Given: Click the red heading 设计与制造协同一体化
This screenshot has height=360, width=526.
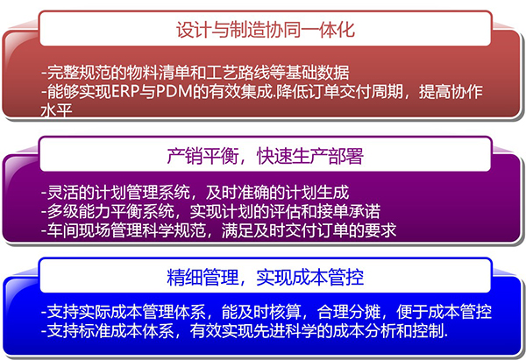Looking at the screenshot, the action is tap(266, 30).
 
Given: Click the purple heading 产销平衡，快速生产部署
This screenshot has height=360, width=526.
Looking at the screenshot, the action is tap(265, 156).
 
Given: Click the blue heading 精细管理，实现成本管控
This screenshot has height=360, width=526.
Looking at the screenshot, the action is tap(265, 277).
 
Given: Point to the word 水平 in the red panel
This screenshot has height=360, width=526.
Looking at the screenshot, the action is tap(56, 110).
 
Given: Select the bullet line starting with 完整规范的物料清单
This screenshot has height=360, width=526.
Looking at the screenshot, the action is tap(195, 73).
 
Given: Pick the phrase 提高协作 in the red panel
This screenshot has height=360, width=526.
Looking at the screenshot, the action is tap(451, 92).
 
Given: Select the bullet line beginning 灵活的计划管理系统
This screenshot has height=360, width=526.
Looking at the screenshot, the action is tap(195, 193).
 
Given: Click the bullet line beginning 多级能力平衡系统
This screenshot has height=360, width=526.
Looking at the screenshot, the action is tap(210, 211).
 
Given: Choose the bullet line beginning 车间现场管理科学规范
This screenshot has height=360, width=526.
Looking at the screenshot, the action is tap(218, 230).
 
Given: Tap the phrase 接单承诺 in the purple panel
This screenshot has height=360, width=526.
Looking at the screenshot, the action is tap(349, 211).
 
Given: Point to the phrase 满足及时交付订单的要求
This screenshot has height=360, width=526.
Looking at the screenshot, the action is tap(309, 230).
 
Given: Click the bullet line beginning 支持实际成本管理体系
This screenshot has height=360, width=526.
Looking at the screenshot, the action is tap(267, 312).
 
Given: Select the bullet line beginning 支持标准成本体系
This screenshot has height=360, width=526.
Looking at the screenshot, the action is tap(245, 331).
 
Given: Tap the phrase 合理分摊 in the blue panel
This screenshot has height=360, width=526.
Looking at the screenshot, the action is tap(349, 312).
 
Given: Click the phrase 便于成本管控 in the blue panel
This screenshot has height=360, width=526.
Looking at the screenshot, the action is tap(444, 312).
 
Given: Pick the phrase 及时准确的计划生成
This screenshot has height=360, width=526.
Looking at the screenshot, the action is tap(278, 193).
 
